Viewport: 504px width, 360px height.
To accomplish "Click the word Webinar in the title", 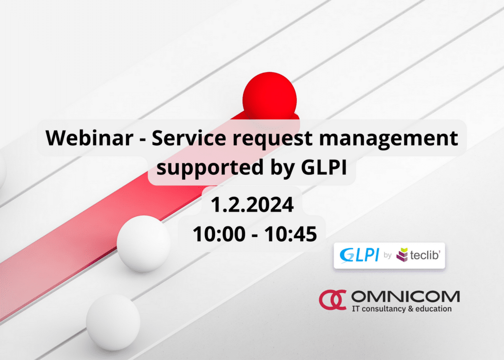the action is pos(90,138).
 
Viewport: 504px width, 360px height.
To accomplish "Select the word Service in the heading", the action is pos(189,138).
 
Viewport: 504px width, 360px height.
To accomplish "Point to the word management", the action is pos(389,139).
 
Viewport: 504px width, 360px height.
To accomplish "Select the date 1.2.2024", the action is pos(252,204).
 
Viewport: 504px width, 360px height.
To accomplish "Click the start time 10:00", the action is pos(219,234).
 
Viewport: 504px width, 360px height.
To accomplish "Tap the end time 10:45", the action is pos(290,234).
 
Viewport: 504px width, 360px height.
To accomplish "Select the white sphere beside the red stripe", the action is pos(143,244).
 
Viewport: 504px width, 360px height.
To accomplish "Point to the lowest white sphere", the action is pos(113,322).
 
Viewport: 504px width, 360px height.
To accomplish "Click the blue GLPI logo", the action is pos(359,255).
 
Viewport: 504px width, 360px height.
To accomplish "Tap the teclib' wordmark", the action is pos(425,256).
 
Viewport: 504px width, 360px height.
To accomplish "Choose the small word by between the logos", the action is pos(388,256).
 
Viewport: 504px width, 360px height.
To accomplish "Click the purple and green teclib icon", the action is pos(402,255).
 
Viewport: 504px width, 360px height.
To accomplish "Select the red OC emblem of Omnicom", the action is pos(332,300).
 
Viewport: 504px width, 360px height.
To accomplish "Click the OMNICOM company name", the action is pos(406,296).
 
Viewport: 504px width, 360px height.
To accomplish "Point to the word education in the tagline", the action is pos(433,309).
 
